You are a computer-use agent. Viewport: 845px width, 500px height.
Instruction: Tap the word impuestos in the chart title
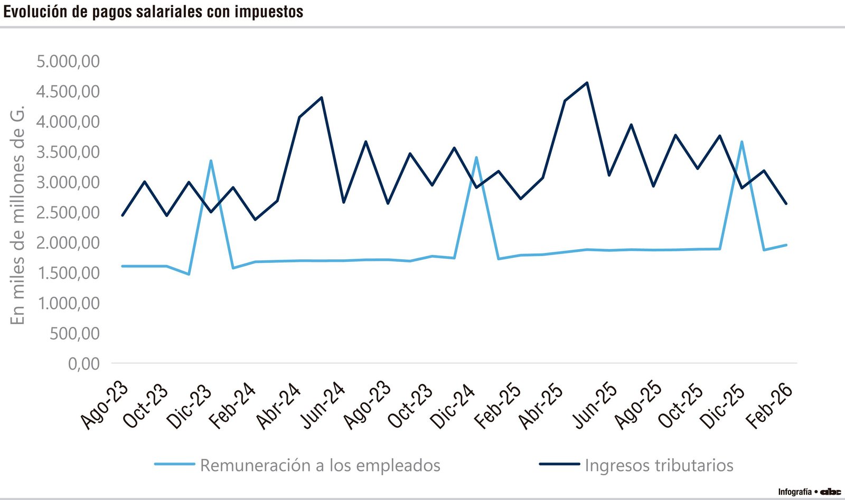pos(269,12)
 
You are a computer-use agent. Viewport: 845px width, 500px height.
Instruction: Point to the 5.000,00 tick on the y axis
pos(68,61)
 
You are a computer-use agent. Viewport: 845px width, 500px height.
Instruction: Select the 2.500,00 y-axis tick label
pos(68,212)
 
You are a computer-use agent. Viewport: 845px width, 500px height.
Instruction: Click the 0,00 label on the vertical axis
pos(83,363)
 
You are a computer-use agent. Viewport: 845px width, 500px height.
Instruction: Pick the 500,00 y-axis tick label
pos(74,333)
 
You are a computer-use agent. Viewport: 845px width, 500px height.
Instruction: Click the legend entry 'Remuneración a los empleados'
pos(320,465)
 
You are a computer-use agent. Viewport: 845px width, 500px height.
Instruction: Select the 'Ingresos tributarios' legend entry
pos(659,465)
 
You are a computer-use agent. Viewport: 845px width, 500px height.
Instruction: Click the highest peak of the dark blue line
pos(587,83)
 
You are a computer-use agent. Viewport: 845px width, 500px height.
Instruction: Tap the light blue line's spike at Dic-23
pos(211,161)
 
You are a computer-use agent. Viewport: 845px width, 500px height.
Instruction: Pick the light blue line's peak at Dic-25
pos(742,141)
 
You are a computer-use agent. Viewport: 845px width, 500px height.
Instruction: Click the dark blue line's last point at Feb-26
pos(786,203)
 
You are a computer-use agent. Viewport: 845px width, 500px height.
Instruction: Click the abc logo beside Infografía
pos(830,492)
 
